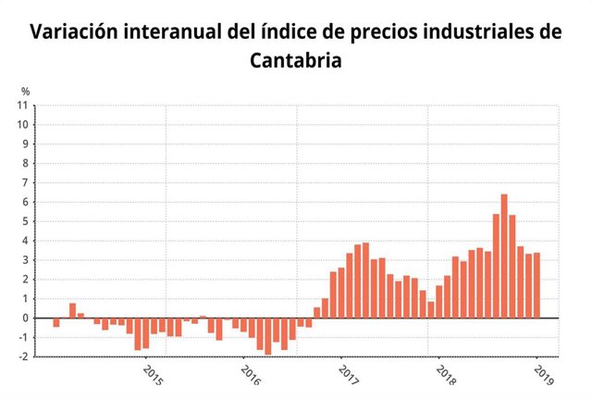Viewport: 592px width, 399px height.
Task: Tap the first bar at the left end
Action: [x=56, y=322]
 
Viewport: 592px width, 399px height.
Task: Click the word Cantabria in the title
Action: [x=296, y=60]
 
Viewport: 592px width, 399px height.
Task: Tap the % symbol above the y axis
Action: [x=26, y=92]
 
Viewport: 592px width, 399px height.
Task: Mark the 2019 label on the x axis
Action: [x=543, y=375]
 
